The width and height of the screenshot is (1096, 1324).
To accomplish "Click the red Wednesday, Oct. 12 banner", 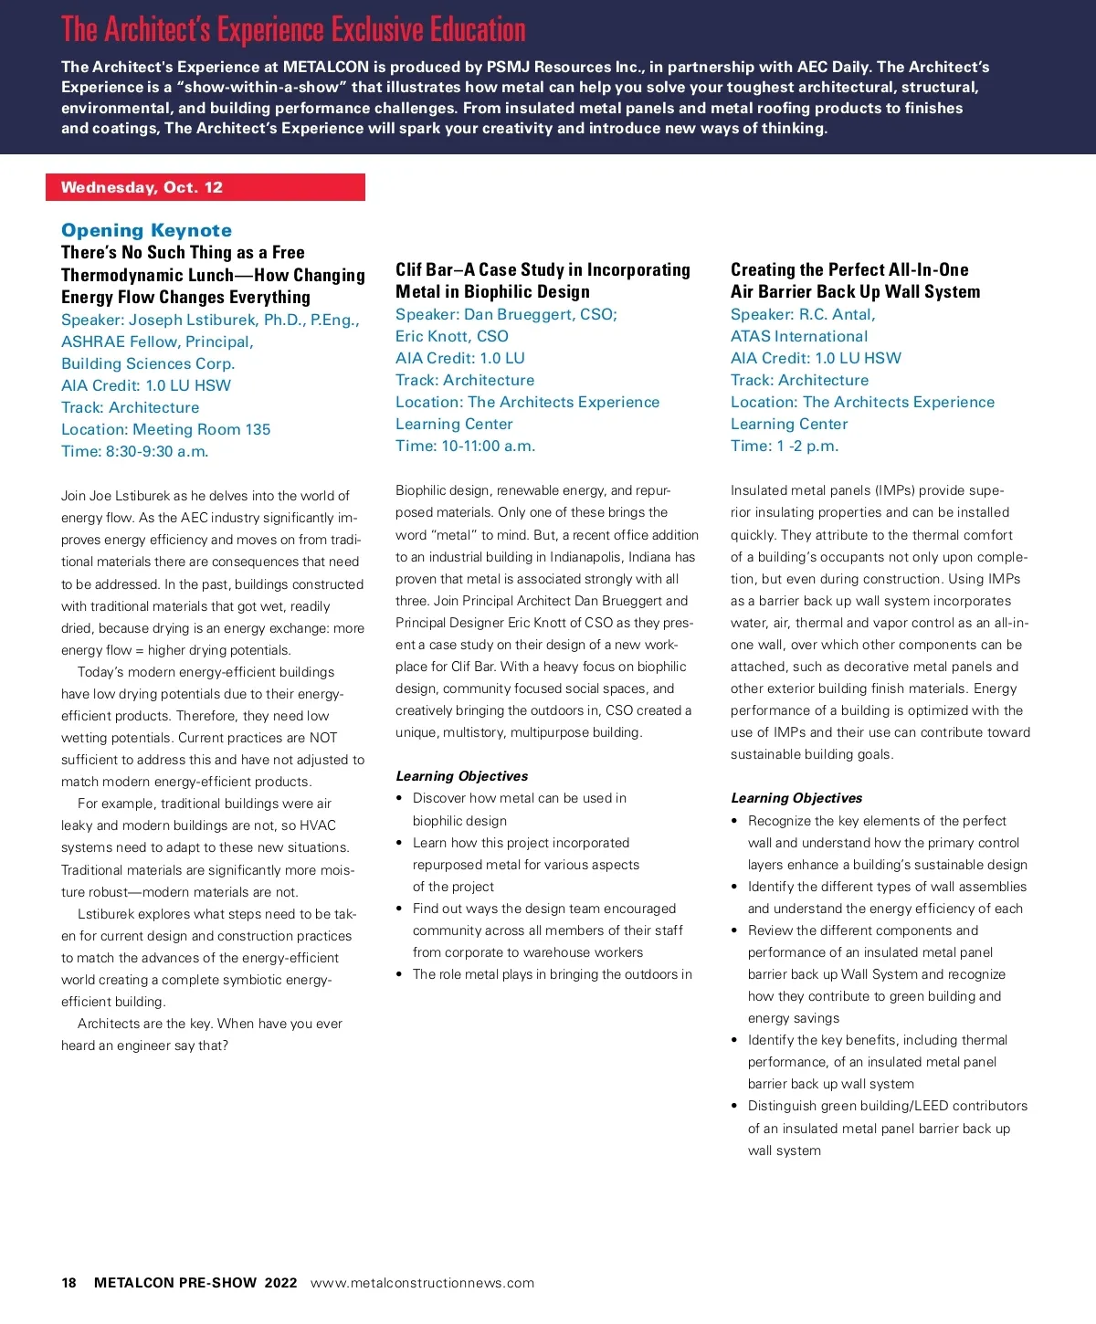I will (x=205, y=187).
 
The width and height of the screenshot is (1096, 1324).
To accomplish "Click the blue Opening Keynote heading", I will (x=146, y=230).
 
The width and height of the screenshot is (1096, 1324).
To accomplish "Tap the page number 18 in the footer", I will (x=68, y=1283).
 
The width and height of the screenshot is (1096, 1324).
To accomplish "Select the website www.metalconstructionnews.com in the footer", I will (x=422, y=1283).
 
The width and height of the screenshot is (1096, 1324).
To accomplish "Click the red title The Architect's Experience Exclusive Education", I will (x=293, y=30).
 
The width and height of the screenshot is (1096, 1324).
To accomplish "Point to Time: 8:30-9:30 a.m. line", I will (x=135, y=451).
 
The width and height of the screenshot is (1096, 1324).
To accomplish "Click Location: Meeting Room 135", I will (x=165, y=429).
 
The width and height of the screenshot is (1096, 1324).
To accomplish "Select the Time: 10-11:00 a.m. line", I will (x=465, y=446).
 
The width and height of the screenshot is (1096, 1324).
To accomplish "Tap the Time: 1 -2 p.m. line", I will (x=784, y=446).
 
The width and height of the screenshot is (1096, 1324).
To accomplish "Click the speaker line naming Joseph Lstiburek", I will (x=210, y=320).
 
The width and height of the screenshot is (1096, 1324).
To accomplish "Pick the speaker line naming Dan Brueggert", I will (x=506, y=314).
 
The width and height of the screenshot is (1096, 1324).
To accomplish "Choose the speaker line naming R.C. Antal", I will (x=803, y=314).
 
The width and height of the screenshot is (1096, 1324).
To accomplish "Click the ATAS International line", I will (x=798, y=336).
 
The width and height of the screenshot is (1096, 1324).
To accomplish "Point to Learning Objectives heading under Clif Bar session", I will (x=461, y=776).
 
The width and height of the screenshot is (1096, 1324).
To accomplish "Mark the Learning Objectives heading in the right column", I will (x=796, y=798).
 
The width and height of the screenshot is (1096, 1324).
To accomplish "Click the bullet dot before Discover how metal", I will (x=399, y=799).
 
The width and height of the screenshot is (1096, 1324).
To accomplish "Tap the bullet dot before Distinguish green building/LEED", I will (x=734, y=1106).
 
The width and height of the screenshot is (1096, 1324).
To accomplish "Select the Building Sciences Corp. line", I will (x=148, y=363).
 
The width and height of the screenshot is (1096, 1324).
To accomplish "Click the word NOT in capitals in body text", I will (x=322, y=738).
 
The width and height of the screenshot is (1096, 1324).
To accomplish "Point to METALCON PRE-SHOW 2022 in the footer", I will (x=195, y=1283).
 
